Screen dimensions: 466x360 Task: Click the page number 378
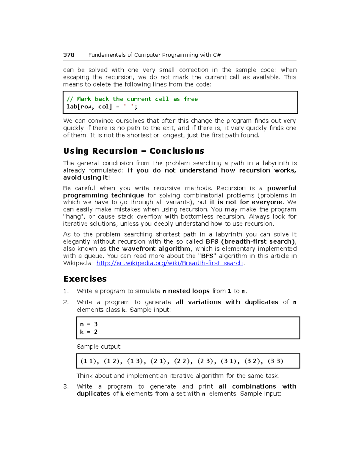[x=69, y=55]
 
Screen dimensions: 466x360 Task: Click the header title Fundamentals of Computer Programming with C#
[x=154, y=55]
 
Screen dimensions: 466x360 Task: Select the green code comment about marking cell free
[x=132, y=99]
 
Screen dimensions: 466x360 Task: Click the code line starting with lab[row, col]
[x=102, y=107]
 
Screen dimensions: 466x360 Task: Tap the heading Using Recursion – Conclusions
[x=133, y=151]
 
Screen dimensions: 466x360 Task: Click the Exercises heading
[x=85, y=279]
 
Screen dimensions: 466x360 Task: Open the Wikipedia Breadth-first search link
[x=169, y=263]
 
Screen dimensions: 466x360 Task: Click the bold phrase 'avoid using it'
[x=85, y=178]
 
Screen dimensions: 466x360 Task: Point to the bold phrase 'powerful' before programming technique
[x=282, y=188]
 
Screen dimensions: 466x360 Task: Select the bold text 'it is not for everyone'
[x=246, y=202]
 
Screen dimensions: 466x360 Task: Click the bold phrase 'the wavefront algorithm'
[x=149, y=249]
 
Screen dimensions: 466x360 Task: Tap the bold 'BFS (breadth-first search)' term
[x=250, y=242]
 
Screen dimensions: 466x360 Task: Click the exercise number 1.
[x=66, y=291]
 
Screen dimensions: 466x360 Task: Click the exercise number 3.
[x=66, y=386]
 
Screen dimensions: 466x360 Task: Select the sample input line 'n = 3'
[x=89, y=324]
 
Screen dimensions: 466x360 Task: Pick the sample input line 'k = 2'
[x=89, y=332]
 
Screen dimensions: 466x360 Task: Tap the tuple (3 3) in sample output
[x=275, y=361]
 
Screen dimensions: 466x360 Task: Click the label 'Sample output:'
[x=99, y=347]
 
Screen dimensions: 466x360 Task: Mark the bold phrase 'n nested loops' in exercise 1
[x=186, y=291]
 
